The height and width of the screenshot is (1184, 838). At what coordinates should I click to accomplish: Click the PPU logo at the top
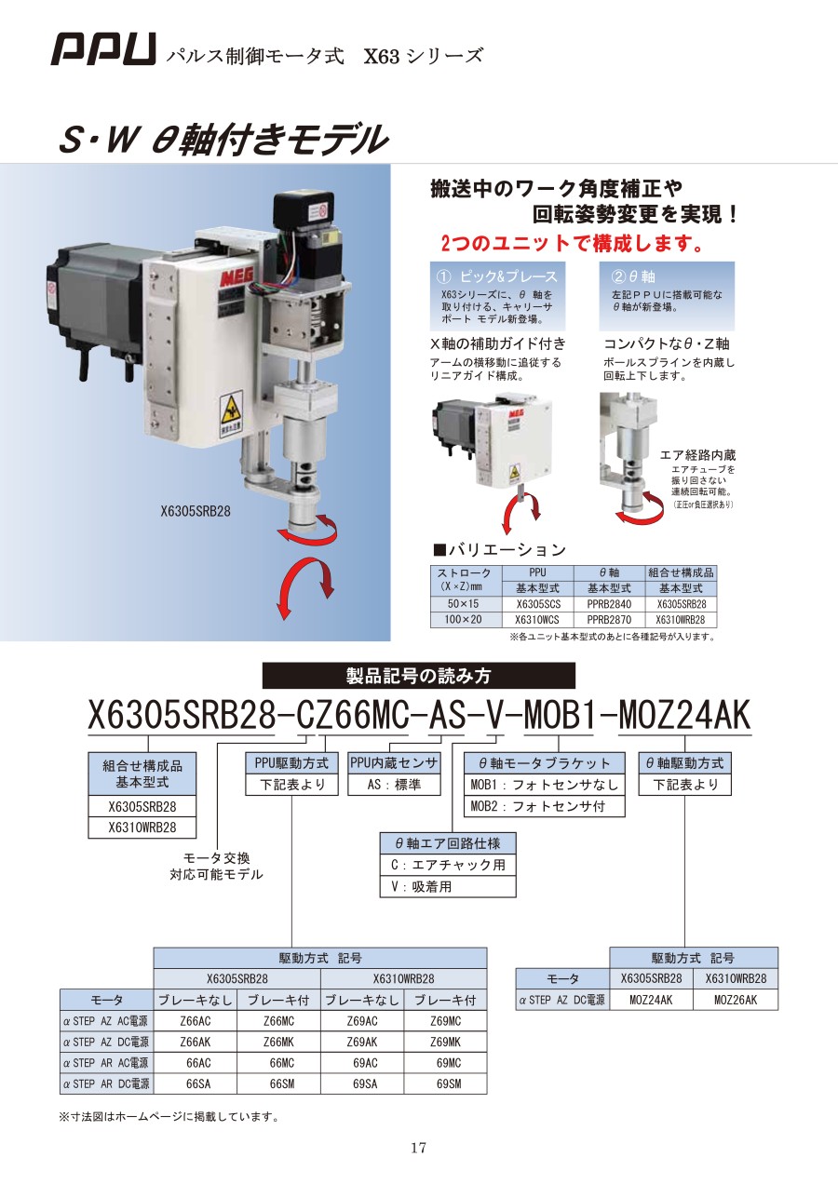(x=103, y=49)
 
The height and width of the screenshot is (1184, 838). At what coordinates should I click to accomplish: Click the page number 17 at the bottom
(x=418, y=1148)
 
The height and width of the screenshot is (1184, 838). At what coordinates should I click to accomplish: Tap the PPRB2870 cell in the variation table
(x=609, y=620)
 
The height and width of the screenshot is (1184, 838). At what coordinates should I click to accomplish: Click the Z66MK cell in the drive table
(x=278, y=1042)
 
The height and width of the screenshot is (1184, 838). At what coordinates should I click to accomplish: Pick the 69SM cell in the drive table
(x=445, y=1083)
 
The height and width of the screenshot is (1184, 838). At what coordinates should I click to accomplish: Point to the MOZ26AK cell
(x=736, y=1000)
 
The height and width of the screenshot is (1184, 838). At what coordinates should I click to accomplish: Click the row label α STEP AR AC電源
(x=106, y=1062)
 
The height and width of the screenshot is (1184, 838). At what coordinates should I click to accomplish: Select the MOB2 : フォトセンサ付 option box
(x=545, y=806)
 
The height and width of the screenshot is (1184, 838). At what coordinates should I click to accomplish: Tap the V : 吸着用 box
(x=448, y=886)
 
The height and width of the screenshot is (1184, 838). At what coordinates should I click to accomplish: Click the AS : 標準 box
(x=394, y=785)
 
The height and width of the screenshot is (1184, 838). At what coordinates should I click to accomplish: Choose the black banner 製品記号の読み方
(x=419, y=676)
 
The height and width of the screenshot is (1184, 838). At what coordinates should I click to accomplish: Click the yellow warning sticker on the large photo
(x=232, y=414)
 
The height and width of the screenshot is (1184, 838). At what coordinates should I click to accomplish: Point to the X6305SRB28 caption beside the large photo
(x=196, y=512)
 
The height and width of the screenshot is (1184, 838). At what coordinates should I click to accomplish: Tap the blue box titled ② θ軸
(x=667, y=296)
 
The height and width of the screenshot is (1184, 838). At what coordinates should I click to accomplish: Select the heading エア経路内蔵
(x=697, y=455)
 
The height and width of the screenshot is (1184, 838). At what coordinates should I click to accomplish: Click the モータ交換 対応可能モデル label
(x=216, y=867)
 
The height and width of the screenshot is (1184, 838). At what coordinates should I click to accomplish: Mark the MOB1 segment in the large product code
(x=559, y=716)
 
